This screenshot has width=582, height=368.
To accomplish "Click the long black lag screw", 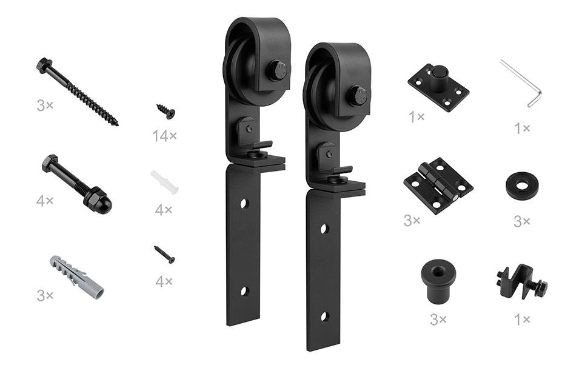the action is pos(77,91).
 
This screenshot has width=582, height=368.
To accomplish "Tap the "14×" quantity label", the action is pos(164,136).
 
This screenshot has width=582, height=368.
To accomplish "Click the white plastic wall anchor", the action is pos(164,182).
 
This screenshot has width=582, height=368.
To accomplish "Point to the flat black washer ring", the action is pos(522,185).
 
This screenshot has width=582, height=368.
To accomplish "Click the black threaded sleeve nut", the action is pos(438,280).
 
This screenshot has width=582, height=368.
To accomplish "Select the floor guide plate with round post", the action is pos(438,87).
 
